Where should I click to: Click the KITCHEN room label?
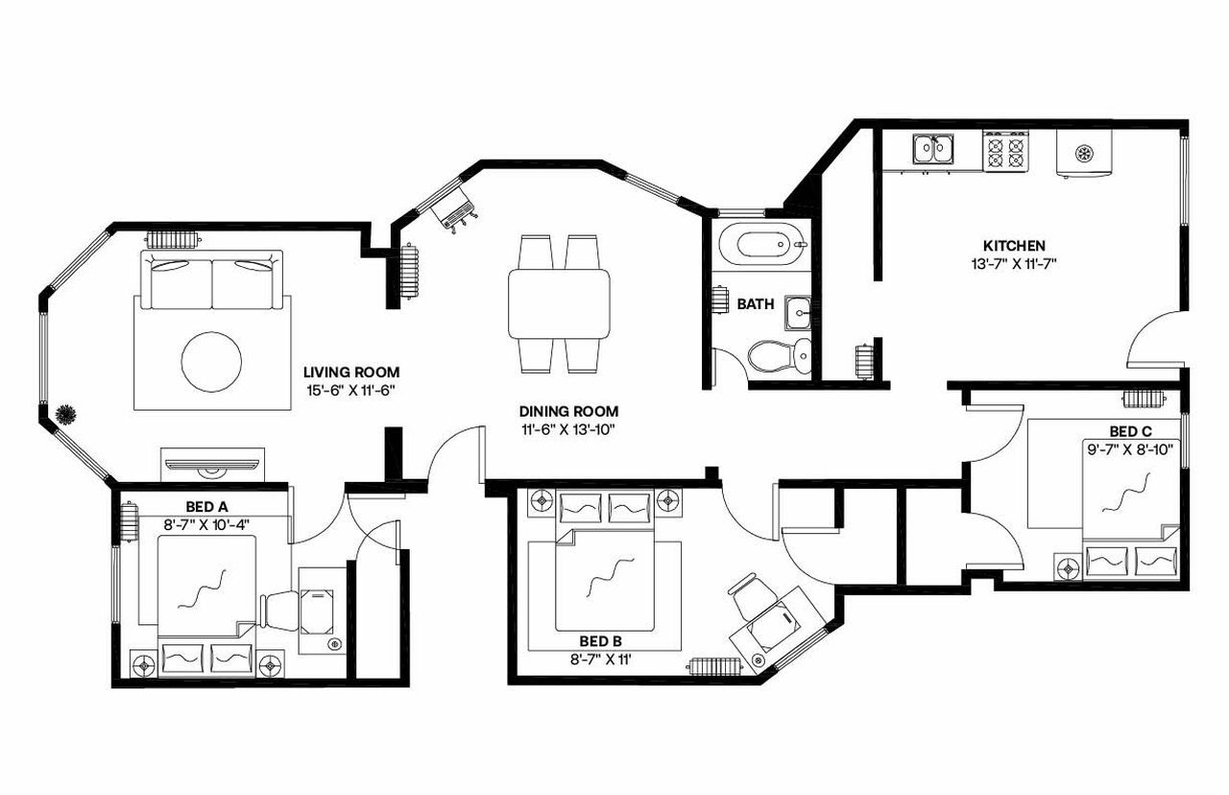[x=1014, y=246]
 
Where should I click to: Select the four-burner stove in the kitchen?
[x=1005, y=151]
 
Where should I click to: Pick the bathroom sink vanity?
[x=797, y=313]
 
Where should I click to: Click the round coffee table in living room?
[x=212, y=362]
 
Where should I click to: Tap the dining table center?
[x=560, y=303]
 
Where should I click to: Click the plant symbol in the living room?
[x=66, y=414]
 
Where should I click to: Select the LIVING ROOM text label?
[x=351, y=373]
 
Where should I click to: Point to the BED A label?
[x=206, y=505]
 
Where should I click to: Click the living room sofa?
[x=212, y=279]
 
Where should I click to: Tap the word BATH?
[x=756, y=304]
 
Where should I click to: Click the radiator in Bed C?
[x=1145, y=397]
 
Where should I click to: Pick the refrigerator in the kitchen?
[x=1083, y=153]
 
